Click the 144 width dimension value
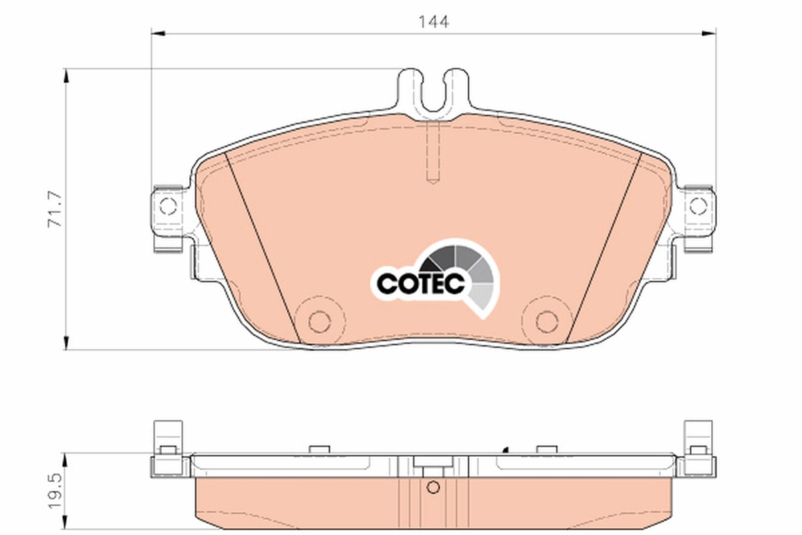click(434, 21)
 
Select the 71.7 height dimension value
click(55, 209)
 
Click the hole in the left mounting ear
click(168, 205)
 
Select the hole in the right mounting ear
click(698, 205)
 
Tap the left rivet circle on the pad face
click(319, 322)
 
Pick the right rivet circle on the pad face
click(547, 322)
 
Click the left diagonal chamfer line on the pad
click(263, 247)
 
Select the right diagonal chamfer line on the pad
click(604, 247)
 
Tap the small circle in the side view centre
click(433, 487)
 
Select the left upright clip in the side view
click(168, 438)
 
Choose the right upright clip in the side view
click(699, 438)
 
